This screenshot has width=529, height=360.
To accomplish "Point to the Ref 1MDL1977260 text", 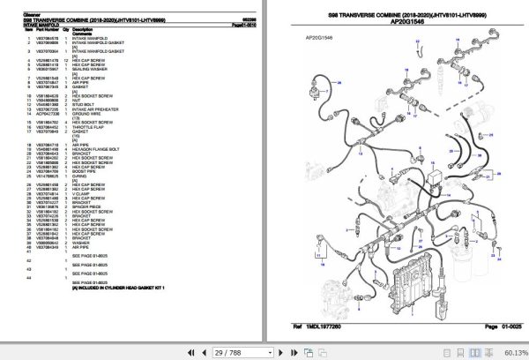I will point(326,327).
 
